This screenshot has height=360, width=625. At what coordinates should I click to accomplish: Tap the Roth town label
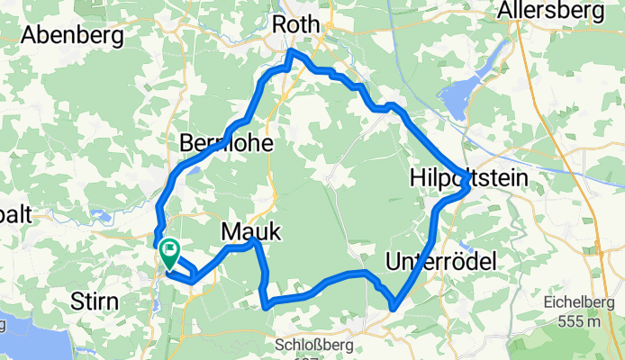pyautogui.click(x=296, y=25)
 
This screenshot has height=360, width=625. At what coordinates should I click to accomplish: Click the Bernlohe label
pyautogui.click(x=226, y=144)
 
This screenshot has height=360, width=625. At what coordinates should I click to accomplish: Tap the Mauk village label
pyautogui.click(x=250, y=232)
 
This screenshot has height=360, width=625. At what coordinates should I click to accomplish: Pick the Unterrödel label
pyautogui.click(x=440, y=261)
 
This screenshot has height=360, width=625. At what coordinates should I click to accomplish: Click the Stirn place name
pyautogui.click(x=95, y=302)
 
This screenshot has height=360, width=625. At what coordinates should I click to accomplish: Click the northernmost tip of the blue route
pyautogui.click(x=290, y=53)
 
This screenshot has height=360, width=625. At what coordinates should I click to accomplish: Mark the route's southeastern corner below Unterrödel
pyautogui.click(x=394, y=310)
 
